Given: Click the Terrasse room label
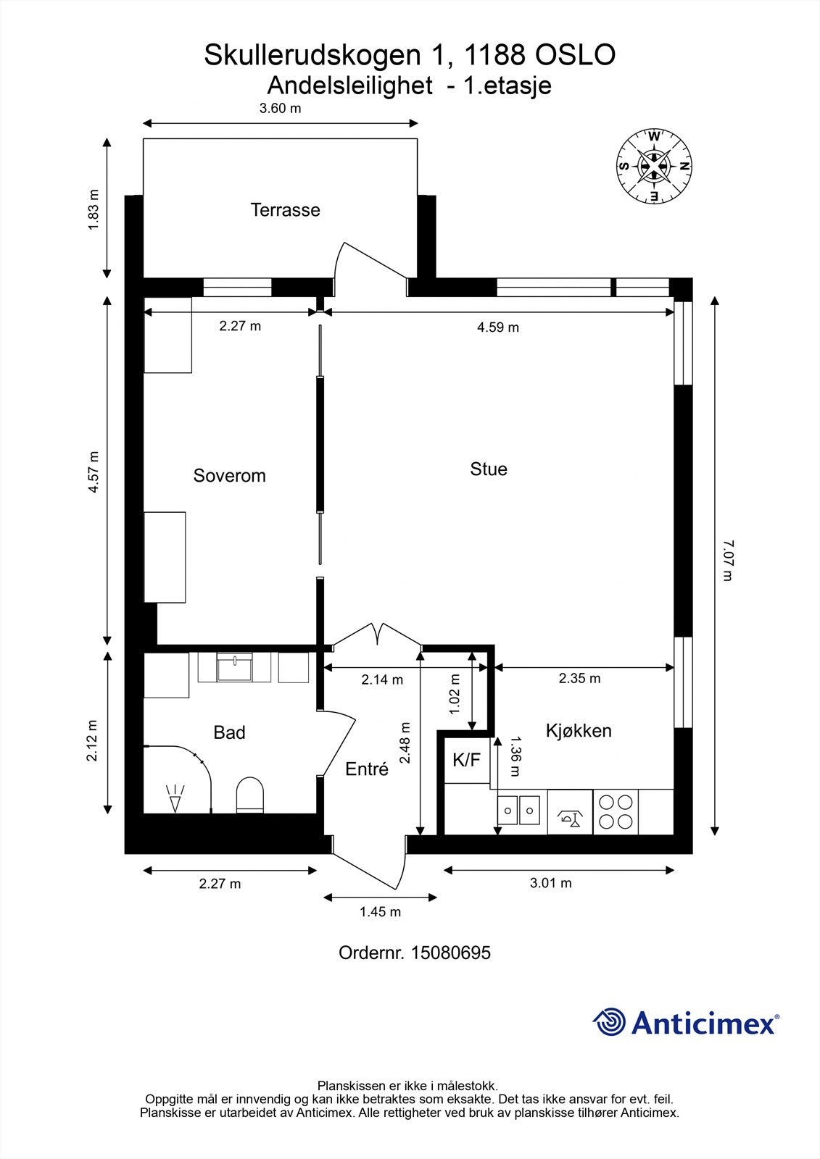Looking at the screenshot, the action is pos(285,210).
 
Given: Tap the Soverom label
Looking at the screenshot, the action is pos(230,475).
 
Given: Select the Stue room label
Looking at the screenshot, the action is pos(489,469).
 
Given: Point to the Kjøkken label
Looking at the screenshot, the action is pos(579,731).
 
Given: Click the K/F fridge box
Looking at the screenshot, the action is pos(467,760).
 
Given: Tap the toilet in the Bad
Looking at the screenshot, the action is pos(249,794).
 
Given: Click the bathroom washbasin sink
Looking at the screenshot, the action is pos(235,667).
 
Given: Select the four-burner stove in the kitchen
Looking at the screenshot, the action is pos(616,812).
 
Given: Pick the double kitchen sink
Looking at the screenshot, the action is pos(518,811).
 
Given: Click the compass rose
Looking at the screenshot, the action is pos(654,166).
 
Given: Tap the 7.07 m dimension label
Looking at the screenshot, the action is pos(728,561).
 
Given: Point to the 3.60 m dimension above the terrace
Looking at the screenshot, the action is pos(281,108).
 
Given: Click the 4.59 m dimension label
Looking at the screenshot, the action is pos(498,327).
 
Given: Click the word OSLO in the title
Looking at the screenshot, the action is pos(576,55).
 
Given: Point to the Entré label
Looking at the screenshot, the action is pos(367,769).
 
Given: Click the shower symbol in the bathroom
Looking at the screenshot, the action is pos(175,798).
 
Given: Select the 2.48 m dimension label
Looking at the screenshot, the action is pos(405,743).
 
